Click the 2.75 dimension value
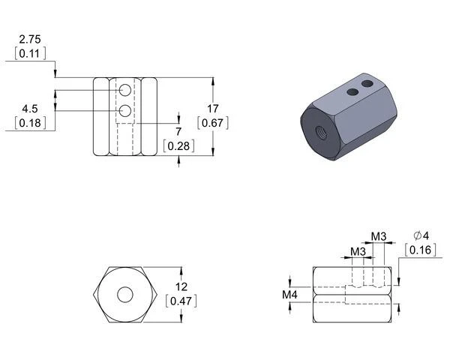pos(30,39)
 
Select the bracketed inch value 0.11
pos(30,53)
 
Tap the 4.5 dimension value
pos(30,109)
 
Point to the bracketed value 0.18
pos(30,123)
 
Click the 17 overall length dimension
pos(213,109)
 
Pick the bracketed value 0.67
pos(213,123)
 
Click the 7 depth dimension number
pos(178,132)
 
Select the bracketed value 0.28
pos(178,146)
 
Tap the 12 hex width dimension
pos(181,286)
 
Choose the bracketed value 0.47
pos(181,301)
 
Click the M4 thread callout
pos(289,295)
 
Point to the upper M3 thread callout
pos(379,237)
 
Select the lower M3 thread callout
pos(358,252)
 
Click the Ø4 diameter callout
pos(421,236)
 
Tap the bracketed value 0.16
pos(421,250)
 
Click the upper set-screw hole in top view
pos(125,90)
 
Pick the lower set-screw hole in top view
pos(125,111)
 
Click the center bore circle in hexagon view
pos(125,295)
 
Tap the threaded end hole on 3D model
pos(321,132)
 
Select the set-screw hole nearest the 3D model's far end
pos(367,84)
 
